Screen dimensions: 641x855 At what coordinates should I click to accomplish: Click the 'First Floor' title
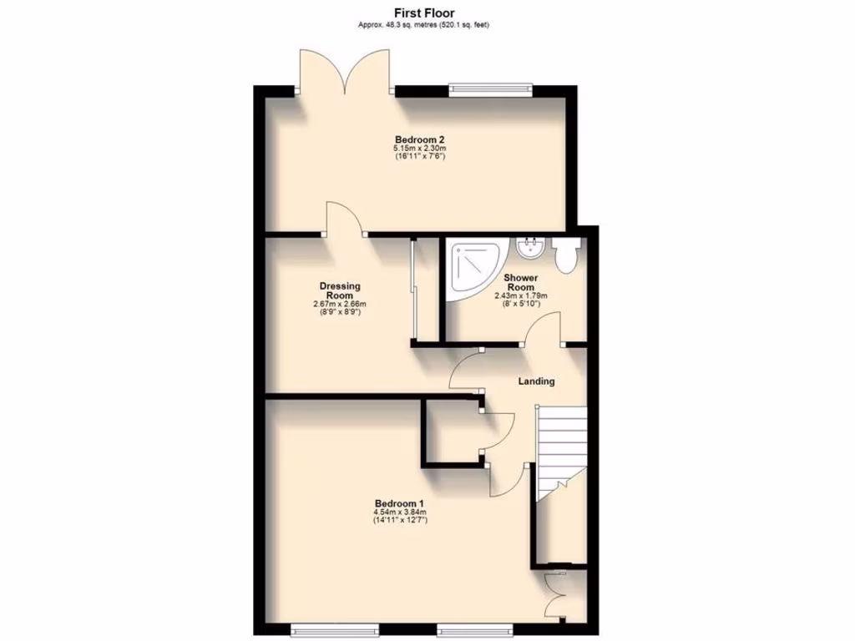point(424,13)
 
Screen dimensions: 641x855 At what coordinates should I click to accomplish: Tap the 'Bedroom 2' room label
point(420,139)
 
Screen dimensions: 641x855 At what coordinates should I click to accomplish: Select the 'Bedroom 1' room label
point(400,502)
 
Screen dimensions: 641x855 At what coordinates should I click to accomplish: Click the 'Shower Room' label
point(520,282)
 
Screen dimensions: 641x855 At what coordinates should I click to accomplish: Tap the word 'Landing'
point(536,381)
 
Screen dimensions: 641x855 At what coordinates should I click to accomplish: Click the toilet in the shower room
point(567,255)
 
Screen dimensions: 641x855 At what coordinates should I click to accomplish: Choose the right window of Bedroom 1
point(473,626)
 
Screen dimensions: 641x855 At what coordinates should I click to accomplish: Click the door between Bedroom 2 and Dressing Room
point(342,219)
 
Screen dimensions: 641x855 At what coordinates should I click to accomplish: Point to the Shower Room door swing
point(545,328)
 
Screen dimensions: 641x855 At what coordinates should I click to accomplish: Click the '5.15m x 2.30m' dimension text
point(420,149)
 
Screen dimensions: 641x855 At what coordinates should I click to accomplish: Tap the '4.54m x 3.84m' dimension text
point(400,512)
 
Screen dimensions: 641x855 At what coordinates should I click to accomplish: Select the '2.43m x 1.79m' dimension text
point(520,296)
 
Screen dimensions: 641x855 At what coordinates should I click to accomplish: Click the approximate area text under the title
point(423,25)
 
